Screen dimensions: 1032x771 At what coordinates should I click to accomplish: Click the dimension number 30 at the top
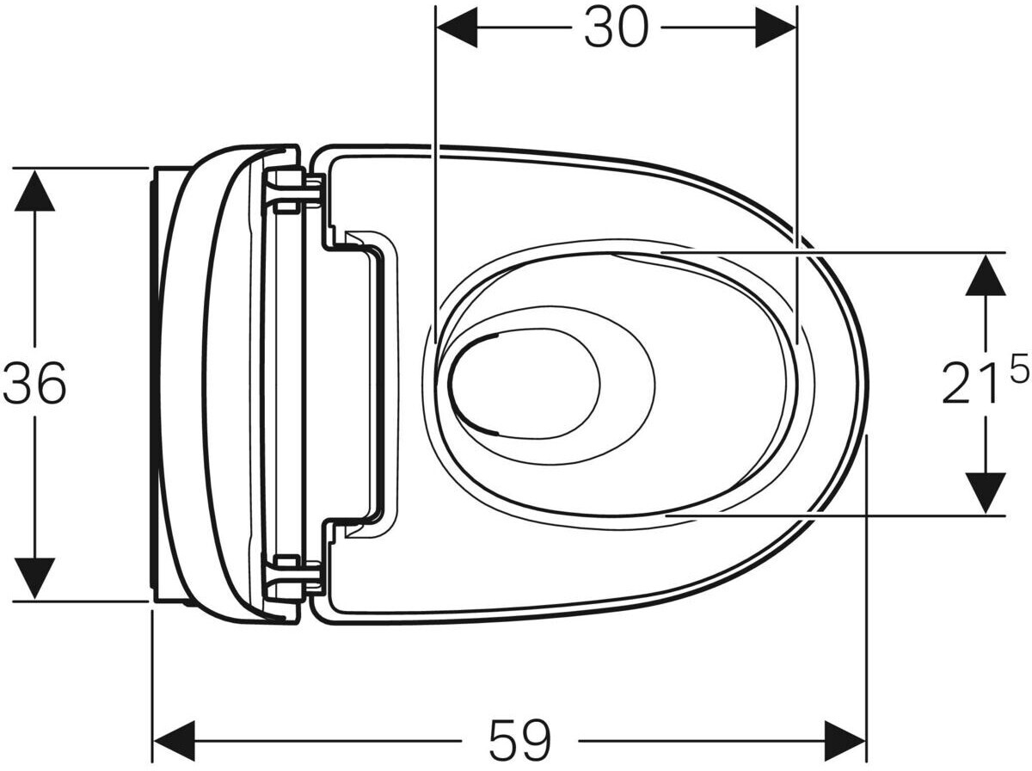click(616, 28)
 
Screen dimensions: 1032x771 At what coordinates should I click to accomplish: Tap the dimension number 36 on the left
click(34, 384)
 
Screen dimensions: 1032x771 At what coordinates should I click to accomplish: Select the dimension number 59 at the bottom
click(519, 743)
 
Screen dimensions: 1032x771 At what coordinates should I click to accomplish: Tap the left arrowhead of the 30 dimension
click(457, 28)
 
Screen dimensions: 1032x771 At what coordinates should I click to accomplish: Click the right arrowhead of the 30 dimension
click(776, 28)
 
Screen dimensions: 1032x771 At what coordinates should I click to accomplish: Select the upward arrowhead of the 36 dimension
click(34, 189)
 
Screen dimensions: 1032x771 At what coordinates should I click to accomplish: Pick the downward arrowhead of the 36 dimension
click(34, 578)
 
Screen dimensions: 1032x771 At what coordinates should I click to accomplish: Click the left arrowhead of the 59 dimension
click(175, 742)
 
